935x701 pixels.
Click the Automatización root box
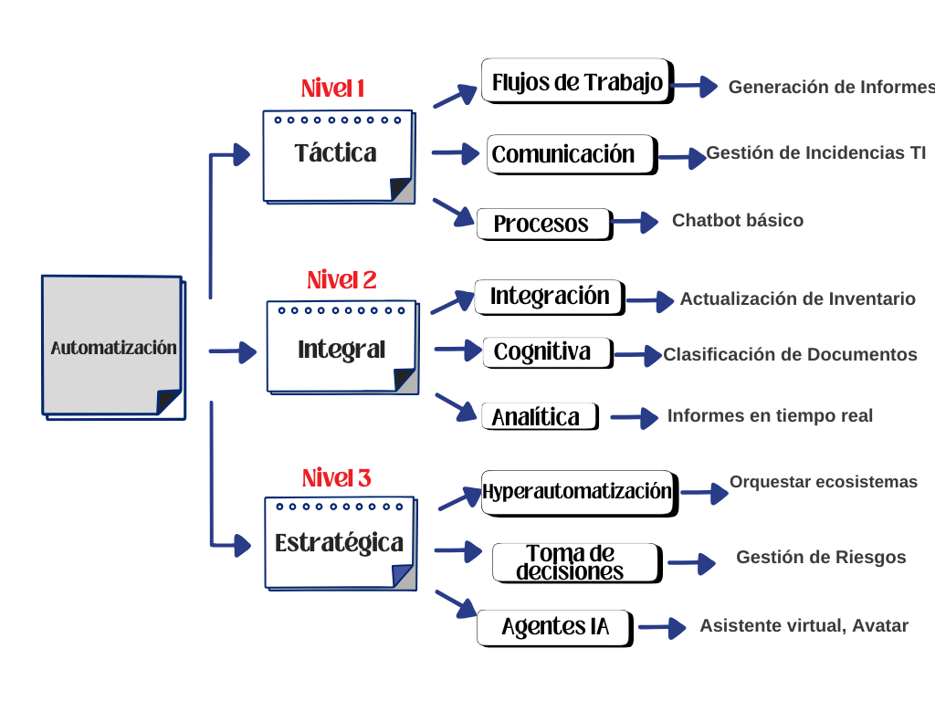click(x=112, y=346)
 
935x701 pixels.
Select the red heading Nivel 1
click(x=333, y=89)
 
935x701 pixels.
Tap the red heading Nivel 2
click(x=341, y=280)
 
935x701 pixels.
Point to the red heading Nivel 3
click(x=336, y=478)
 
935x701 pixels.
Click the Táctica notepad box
click(x=337, y=154)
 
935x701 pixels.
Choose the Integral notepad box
click(x=341, y=349)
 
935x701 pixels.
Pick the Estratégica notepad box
click(x=340, y=543)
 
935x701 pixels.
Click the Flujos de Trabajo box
click(x=577, y=82)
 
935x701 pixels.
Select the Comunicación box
click(x=571, y=154)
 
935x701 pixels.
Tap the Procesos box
click(x=544, y=224)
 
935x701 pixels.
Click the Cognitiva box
click(x=547, y=351)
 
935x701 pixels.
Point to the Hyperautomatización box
click(x=578, y=492)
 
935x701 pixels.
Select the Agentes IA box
click(x=554, y=627)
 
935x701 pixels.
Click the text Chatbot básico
click(x=738, y=220)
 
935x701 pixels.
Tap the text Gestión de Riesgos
click(x=821, y=557)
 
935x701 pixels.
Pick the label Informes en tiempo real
click(x=770, y=415)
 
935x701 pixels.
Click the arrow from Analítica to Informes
click(x=634, y=417)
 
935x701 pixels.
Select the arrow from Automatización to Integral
click(x=234, y=350)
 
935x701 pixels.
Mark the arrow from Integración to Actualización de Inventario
click(x=649, y=299)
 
